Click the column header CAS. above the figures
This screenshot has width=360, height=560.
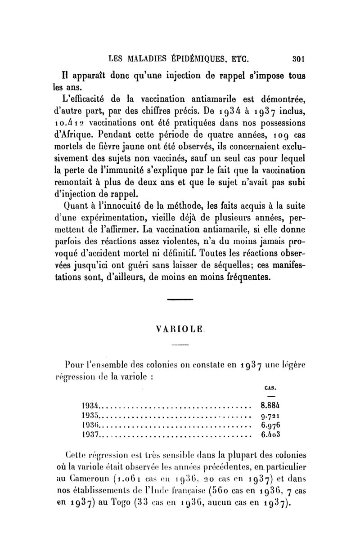(269, 386)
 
